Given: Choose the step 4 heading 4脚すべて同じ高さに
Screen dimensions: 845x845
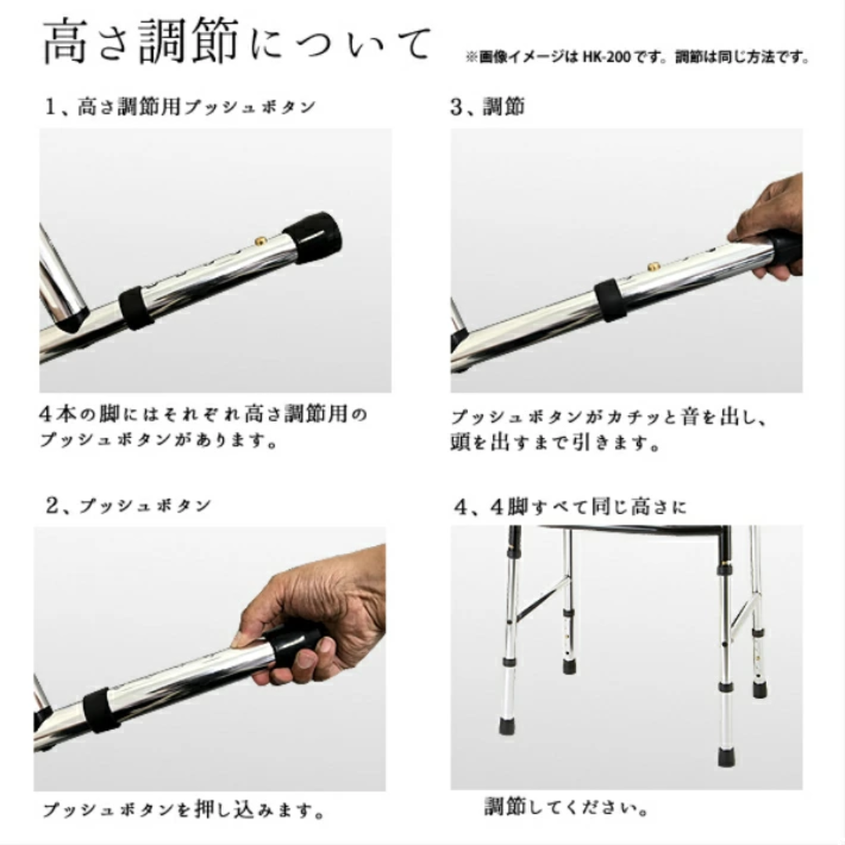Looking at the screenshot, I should (x=570, y=507).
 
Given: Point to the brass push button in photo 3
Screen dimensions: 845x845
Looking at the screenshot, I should (x=652, y=268).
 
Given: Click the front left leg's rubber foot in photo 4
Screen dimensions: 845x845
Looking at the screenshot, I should (x=509, y=725).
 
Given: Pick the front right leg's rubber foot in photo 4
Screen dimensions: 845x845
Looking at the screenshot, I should (x=726, y=755).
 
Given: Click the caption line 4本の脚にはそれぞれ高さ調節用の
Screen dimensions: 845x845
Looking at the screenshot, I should (x=203, y=413).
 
